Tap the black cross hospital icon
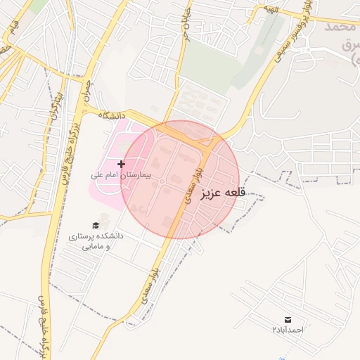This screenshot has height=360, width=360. coord(121,164)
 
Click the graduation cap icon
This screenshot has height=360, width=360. coord(95,225)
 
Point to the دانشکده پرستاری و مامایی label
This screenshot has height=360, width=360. coord(96,241)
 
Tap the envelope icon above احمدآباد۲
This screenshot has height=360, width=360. coord(288,319)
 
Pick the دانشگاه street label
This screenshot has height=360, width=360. coord(112,114)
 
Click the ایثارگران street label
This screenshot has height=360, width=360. coord(56,106)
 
